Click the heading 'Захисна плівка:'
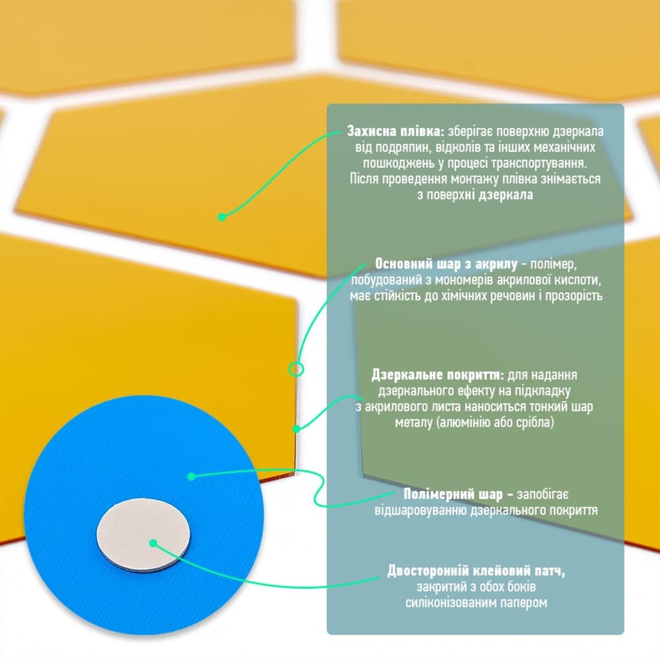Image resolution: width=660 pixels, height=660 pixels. (x=396, y=132)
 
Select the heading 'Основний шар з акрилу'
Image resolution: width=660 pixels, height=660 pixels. (x=446, y=265)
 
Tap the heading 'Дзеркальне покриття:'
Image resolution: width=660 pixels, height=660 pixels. (x=438, y=375)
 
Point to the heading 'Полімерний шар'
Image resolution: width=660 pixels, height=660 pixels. (x=453, y=494)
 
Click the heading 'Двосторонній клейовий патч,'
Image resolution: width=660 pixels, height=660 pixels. (x=476, y=571)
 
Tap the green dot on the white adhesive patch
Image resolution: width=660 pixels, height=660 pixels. (x=153, y=543)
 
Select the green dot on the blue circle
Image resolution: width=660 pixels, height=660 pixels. (x=192, y=476)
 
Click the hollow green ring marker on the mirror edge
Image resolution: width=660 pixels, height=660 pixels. (x=296, y=369)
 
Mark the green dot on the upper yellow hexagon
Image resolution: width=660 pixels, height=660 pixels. (x=222, y=217)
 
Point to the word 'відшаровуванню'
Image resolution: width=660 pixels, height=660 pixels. (x=420, y=510)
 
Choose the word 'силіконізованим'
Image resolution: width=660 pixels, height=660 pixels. (x=451, y=602)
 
